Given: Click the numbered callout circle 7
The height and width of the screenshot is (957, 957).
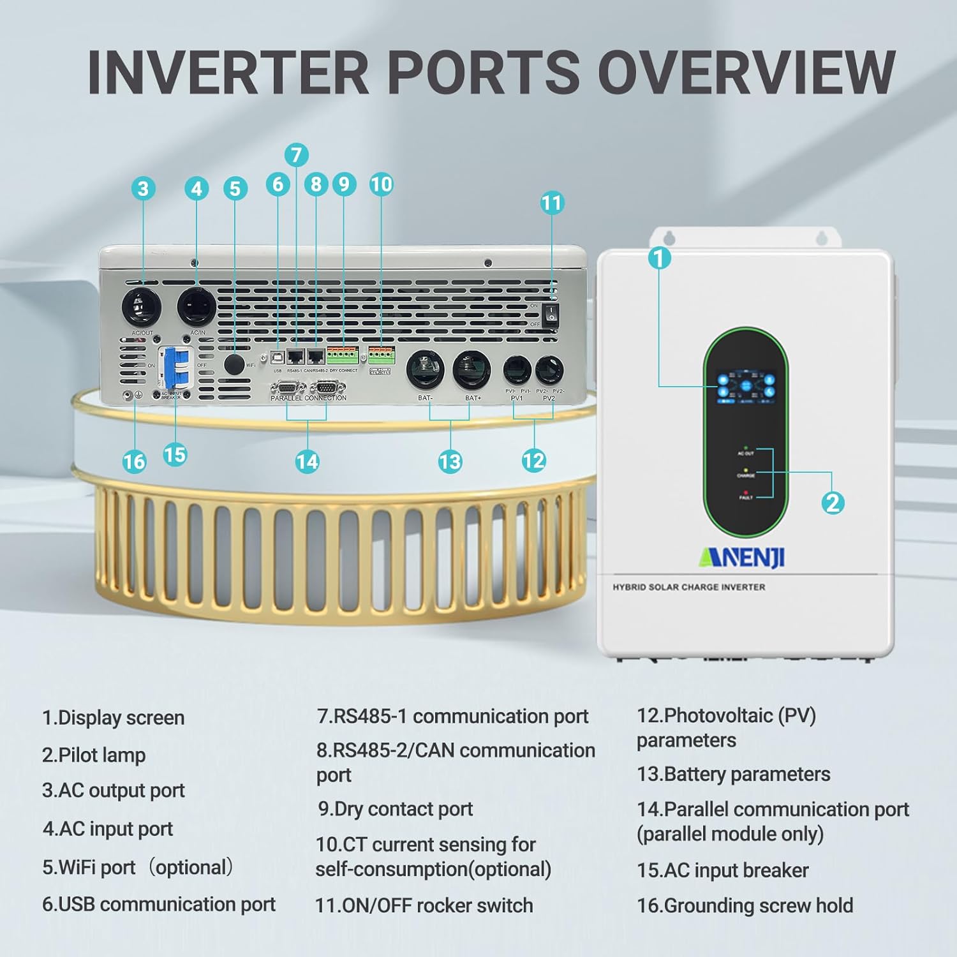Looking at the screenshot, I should [x=296, y=155].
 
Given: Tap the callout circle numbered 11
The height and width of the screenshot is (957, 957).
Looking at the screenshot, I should [x=552, y=203].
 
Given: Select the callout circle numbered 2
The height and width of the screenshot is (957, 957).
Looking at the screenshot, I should [x=833, y=503].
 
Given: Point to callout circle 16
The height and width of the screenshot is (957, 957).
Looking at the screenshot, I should [x=134, y=461].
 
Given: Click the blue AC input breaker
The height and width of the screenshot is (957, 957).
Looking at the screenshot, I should [x=175, y=367].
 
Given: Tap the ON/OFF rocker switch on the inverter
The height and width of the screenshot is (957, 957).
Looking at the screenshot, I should [x=551, y=314].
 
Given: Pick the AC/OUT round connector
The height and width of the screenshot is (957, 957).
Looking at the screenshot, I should [x=142, y=307].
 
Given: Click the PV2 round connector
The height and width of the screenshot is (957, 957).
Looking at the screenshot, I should [x=549, y=370].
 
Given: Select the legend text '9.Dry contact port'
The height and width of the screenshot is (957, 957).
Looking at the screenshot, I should [x=396, y=809].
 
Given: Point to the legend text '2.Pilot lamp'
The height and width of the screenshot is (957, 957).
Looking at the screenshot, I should [x=94, y=755].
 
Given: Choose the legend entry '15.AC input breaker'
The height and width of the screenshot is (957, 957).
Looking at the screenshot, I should [x=722, y=870].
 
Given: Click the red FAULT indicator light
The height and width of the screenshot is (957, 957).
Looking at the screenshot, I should [x=746, y=493].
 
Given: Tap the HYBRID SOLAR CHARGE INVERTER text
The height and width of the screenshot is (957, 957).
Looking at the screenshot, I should [x=688, y=587].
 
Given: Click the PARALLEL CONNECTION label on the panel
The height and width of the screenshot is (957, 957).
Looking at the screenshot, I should [x=308, y=398].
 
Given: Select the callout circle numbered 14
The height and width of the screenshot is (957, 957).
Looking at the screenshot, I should [x=307, y=461].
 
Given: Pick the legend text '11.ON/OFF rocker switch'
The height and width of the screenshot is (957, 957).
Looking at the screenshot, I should [x=424, y=905].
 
